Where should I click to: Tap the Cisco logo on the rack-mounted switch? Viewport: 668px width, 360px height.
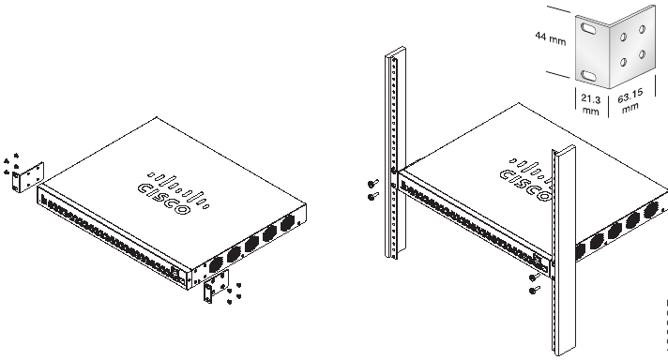(525, 179)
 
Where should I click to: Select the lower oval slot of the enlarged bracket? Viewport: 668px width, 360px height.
(588, 75)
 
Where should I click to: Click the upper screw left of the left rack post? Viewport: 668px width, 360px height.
(372, 184)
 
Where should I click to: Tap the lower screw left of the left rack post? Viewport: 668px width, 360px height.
(372, 197)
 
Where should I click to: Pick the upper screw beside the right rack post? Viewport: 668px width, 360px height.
(534, 277)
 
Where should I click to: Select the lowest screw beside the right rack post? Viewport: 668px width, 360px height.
(535, 290)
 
